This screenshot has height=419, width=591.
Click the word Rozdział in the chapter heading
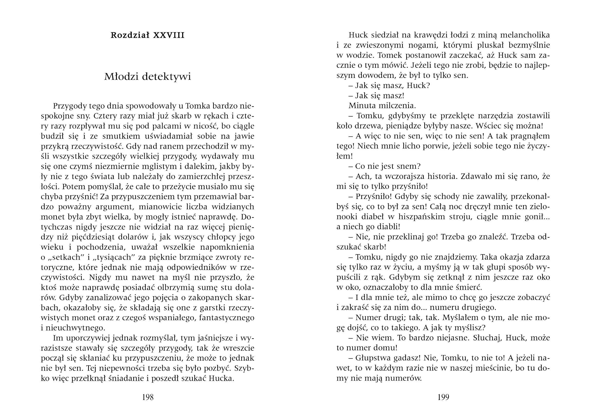(130, 35)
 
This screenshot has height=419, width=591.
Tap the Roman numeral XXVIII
(169, 35)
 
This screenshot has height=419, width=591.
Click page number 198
(148, 397)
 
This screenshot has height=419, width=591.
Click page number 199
(443, 397)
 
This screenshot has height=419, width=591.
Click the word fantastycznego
(227, 318)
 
